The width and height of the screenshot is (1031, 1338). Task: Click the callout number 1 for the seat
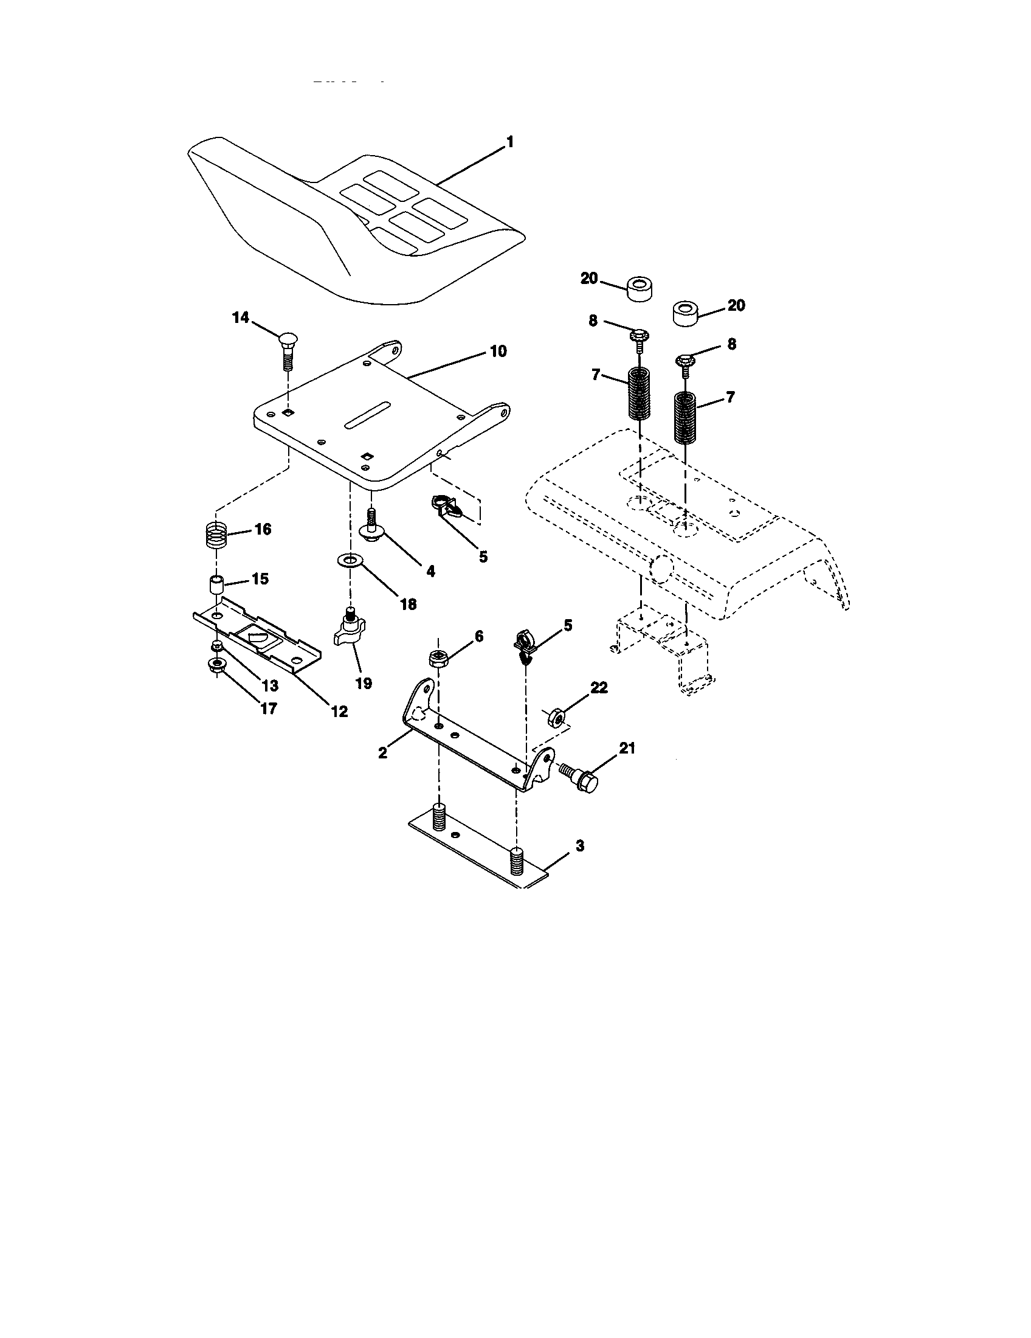point(509,142)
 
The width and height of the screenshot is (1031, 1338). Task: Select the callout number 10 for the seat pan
point(498,352)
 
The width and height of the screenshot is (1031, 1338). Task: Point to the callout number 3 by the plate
point(579,846)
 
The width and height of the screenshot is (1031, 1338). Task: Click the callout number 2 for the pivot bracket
point(382,753)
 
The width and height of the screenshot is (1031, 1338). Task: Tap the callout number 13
point(270,685)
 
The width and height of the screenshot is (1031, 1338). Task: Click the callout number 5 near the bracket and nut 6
point(568,625)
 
